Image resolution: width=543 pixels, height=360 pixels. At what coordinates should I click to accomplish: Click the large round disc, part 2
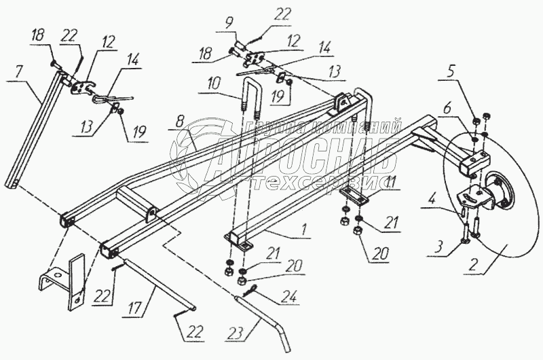495,224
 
